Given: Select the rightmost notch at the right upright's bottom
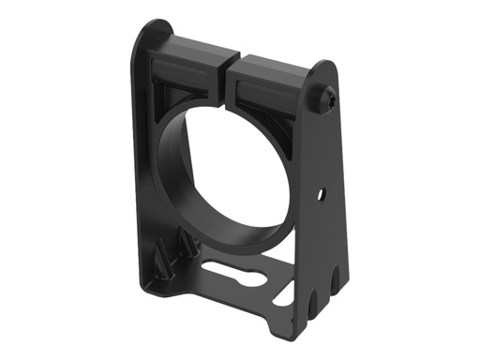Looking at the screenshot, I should tap(337, 277).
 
